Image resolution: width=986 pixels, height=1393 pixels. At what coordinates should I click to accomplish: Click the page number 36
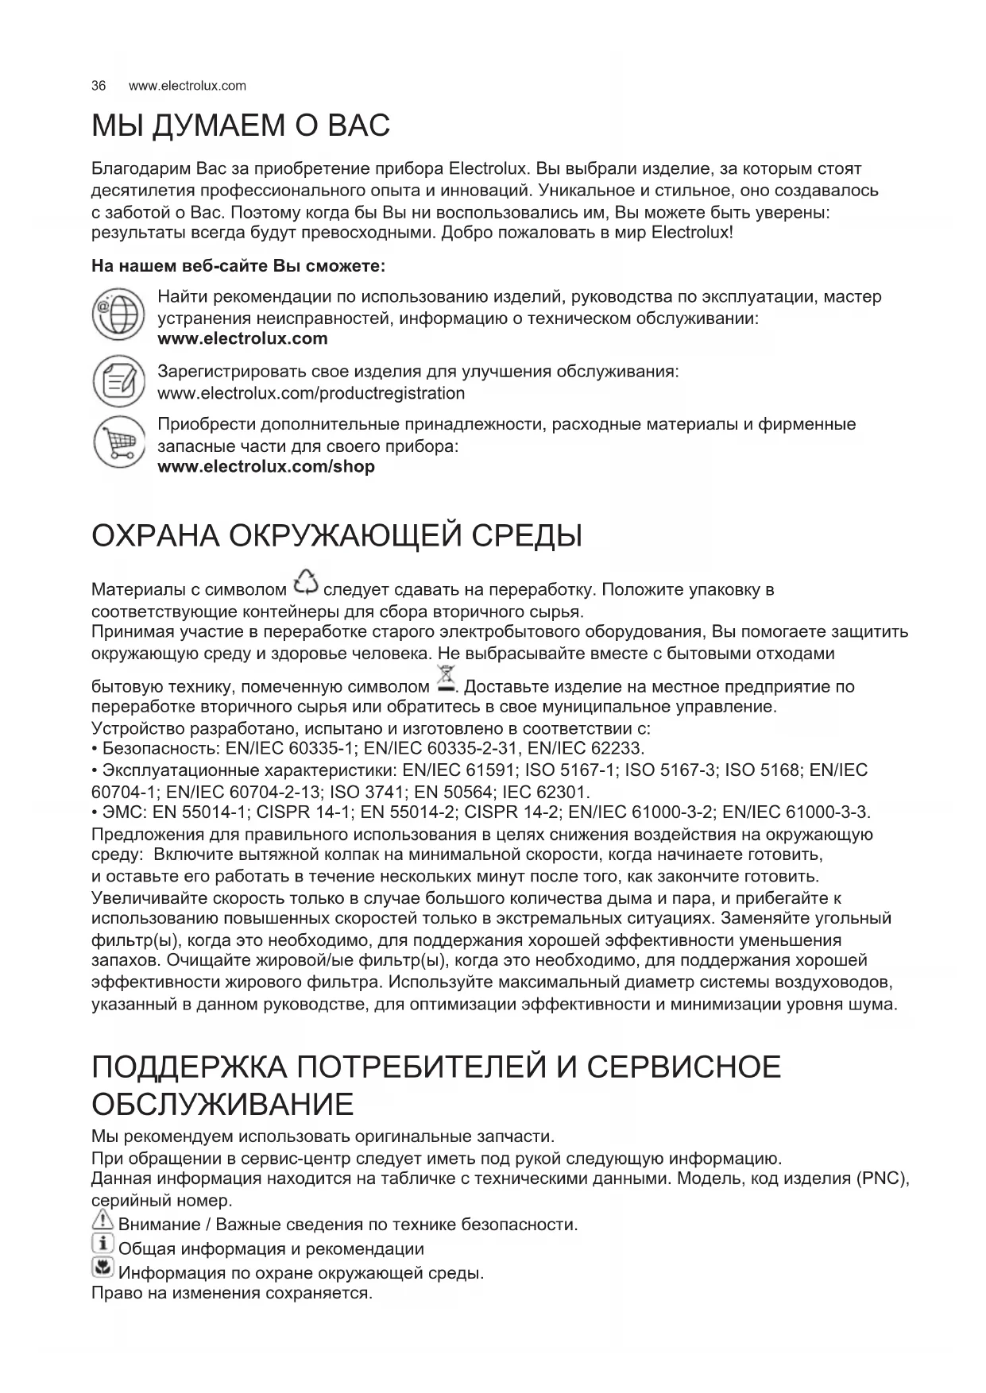pyautogui.click(x=99, y=86)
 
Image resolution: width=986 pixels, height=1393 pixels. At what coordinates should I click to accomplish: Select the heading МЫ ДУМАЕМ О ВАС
pyautogui.click(x=241, y=126)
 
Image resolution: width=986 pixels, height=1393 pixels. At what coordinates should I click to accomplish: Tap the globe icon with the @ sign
pyautogui.click(x=118, y=314)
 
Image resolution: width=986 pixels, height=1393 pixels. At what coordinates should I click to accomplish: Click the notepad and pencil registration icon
pyautogui.click(x=118, y=382)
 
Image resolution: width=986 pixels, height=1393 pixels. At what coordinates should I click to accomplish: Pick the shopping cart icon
pyautogui.click(x=118, y=442)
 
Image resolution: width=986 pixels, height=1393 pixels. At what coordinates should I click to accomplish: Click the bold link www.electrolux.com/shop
pyautogui.click(x=266, y=467)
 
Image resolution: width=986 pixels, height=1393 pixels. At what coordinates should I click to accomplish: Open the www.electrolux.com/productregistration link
pyautogui.click(x=311, y=394)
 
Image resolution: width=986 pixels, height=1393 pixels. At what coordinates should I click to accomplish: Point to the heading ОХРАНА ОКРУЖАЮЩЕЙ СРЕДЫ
pyautogui.click(x=337, y=536)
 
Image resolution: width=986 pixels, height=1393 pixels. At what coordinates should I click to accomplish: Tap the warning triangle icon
pyautogui.click(x=103, y=1223)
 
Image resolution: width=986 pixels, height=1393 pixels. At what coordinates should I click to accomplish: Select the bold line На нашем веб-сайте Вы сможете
pyautogui.click(x=239, y=265)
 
